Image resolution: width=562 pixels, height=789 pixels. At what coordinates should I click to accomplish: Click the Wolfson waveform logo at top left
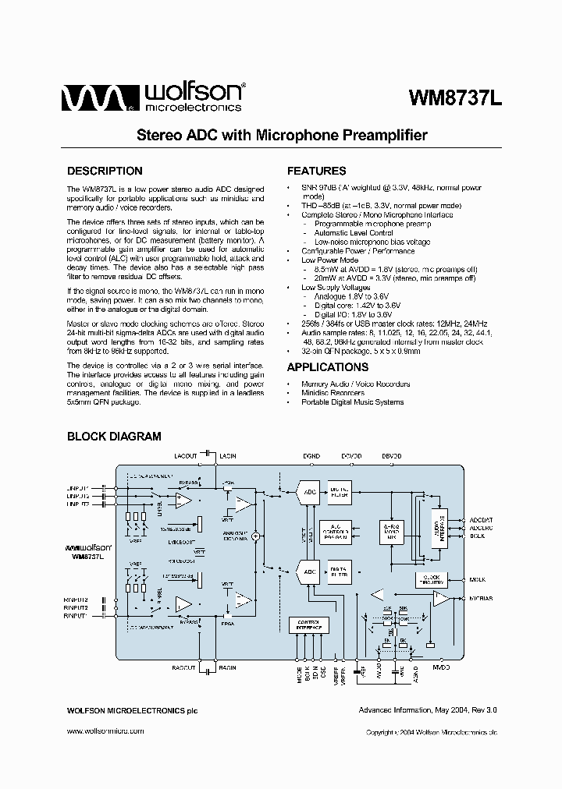[x=93, y=98]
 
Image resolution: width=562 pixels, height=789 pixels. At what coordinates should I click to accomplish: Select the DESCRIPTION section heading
[x=105, y=171]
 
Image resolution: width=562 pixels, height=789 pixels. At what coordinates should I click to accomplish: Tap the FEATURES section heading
[x=316, y=171]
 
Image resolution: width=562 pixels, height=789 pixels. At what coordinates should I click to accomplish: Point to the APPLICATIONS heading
[x=327, y=367]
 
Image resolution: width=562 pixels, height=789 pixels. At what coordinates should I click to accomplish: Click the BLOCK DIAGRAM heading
[x=114, y=437]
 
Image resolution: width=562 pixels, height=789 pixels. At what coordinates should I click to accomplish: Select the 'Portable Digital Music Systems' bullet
[x=352, y=402]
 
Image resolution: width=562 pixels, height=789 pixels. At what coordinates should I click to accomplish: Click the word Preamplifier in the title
[x=382, y=135]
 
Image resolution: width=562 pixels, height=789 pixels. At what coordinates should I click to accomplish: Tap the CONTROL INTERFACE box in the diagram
[x=308, y=624]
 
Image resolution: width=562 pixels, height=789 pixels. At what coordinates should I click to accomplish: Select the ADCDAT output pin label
[x=481, y=518]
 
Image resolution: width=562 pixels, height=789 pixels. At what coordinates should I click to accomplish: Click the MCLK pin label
[x=478, y=579]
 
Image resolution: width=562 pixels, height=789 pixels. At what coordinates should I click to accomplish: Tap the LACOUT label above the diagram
[x=186, y=455]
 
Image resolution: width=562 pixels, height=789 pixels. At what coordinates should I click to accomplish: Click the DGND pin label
[x=311, y=455]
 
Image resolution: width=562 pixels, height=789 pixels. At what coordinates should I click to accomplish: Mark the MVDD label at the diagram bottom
[x=441, y=668]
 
